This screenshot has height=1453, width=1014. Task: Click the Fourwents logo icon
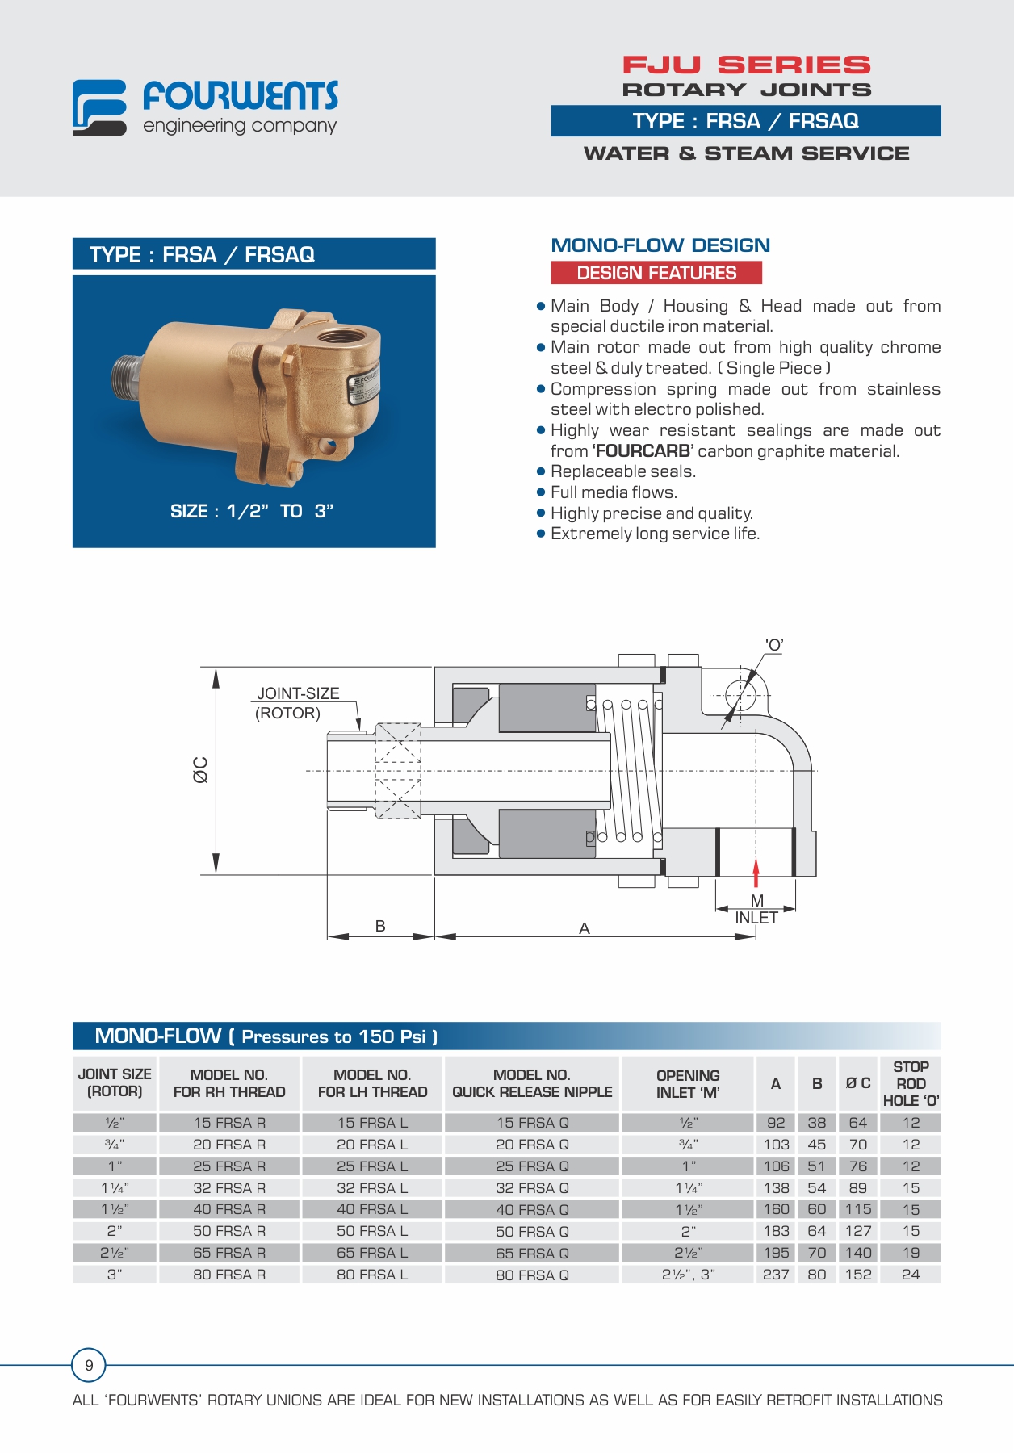pyautogui.click(x=99, y=107)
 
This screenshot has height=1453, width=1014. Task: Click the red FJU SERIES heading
pyautogui.click(x=746, y=65)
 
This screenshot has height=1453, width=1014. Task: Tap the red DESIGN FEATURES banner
pyautogui.click(x=656, y=273)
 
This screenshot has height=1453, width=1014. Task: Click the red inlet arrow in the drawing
pyautogui.click(x=756, y=873)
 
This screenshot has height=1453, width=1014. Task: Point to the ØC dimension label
pyautogui.click(x=200, y=769)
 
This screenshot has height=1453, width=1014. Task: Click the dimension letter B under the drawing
pyautogui.click(x=380, y=926)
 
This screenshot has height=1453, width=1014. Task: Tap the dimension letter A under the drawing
pyautogui.click(x=585, y=928)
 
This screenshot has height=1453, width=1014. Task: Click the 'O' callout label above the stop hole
pyautogui.click(x=774, y=645)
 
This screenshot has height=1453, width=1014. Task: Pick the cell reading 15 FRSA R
pyautogui.click(x=229, y=1123)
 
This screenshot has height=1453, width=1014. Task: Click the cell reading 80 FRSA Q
pyautogui.click(x=532, y=1275)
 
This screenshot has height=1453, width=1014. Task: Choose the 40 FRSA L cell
pyautogui.click(x=372, y=1209)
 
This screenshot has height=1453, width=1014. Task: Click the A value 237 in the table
pyautogui.click(x=776, y=1275)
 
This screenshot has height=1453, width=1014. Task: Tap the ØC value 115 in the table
pyautogui.click(x=858, y=1209)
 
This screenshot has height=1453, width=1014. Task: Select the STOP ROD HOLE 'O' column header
pyautogui.click(x=911, y=1083)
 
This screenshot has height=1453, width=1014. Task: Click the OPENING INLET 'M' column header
pyautogui.click(x=688, y=1083)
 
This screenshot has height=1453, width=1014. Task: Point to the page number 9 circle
pyautogui.click(x=89, y=1365)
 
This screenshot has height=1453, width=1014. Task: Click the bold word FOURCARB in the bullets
pyautogui.click(x=643, y=451)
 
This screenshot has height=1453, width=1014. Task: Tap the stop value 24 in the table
pyautogui.click(x=911, y=1275)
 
